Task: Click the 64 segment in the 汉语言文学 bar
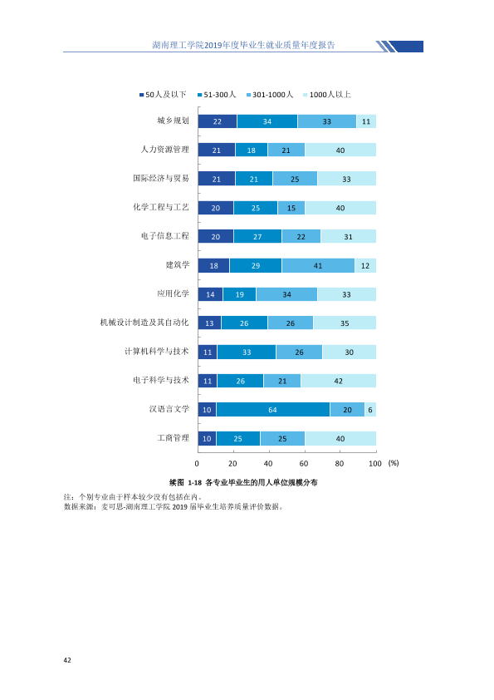(273, 409)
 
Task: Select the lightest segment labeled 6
(370, 409)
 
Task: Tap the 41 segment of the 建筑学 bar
(318, 266)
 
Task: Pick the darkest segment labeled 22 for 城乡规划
(218, 121)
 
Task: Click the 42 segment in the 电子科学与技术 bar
(339, 381)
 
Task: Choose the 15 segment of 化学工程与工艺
(291, 208)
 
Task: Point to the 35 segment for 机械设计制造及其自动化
(345, 323)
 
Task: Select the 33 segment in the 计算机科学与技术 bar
(247, 352)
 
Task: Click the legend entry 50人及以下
(163, 95)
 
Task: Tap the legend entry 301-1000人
(270, 95)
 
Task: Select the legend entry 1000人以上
(327, 95)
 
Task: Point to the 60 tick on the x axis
(304, 463)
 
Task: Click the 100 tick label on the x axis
(375, 463)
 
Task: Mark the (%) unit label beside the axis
(394, 463)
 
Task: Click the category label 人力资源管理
(165, 149)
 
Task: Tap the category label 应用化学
(173, 293)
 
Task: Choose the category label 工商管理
(173, 437)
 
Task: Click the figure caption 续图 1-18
(185, 482)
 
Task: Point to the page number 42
(67, 660)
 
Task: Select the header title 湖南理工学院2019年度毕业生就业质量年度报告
(243, 45)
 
